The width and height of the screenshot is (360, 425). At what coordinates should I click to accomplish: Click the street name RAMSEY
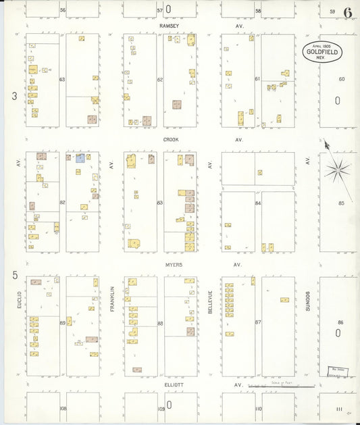pyautogui.click(x=169, y=26)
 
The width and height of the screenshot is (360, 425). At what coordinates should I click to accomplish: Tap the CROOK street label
pyautogui.click(x=170, y=140)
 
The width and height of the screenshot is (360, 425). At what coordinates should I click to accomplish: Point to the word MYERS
pyautogui.click(x=173, y=265)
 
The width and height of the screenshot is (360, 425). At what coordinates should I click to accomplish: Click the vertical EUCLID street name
pyautogui.click(x=20, y=299)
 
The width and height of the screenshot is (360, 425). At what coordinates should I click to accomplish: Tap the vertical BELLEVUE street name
pyautogui.click(x=211, y=300)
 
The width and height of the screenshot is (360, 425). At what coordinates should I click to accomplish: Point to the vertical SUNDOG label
pyautogui.click(x=307, y=300)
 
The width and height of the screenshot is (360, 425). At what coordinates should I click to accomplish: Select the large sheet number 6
pyautogui.click(x=347, y=12)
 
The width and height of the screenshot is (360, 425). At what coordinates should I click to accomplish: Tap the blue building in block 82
pyautogui.click(x=80, y=158)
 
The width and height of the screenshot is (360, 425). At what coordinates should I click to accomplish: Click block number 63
pyautogui.click(x=62, y=80)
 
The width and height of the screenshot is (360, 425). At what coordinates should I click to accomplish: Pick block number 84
pyautogui.click(x=258, y=203)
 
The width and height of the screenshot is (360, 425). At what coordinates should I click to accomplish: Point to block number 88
pyautogui.click(x=160, y=323)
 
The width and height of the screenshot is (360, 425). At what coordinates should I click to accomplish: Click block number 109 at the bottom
pyautogui.click(x=161, y=409)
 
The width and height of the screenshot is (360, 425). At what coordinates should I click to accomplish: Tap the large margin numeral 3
pyautogui.click(x=14, y=97)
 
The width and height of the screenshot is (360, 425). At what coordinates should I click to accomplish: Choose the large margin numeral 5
pyautogui.click(x=14, y=275)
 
